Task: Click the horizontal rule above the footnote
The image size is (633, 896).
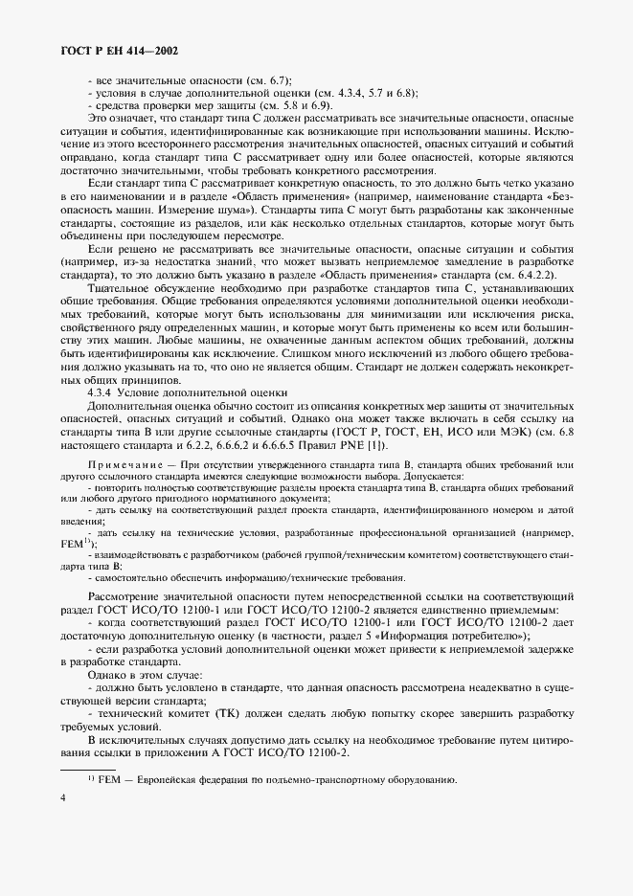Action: (87, 769)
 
